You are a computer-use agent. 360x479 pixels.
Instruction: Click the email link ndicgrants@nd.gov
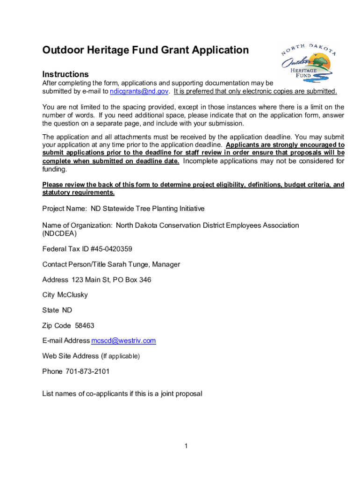[x=138, y=91]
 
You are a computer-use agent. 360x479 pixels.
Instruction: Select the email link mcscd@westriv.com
[x=123, y=341]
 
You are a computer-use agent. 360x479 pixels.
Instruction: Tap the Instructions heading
[x=65, y=74]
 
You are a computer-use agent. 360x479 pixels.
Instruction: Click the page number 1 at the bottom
[x=186, y=446]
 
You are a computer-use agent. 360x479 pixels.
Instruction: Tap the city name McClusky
[x=72, y=295]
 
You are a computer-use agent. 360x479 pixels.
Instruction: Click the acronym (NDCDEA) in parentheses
[x=59, y=233]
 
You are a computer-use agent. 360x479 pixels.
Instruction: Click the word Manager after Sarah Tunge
[x=166, y=265]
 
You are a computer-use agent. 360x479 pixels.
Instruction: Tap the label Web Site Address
[x=71, y=356]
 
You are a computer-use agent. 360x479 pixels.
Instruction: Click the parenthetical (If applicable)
[x=120, y=356]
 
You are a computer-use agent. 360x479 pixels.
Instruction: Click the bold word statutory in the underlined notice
[x=57, y=193]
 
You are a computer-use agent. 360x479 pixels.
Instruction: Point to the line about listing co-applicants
[x=122, y=394]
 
